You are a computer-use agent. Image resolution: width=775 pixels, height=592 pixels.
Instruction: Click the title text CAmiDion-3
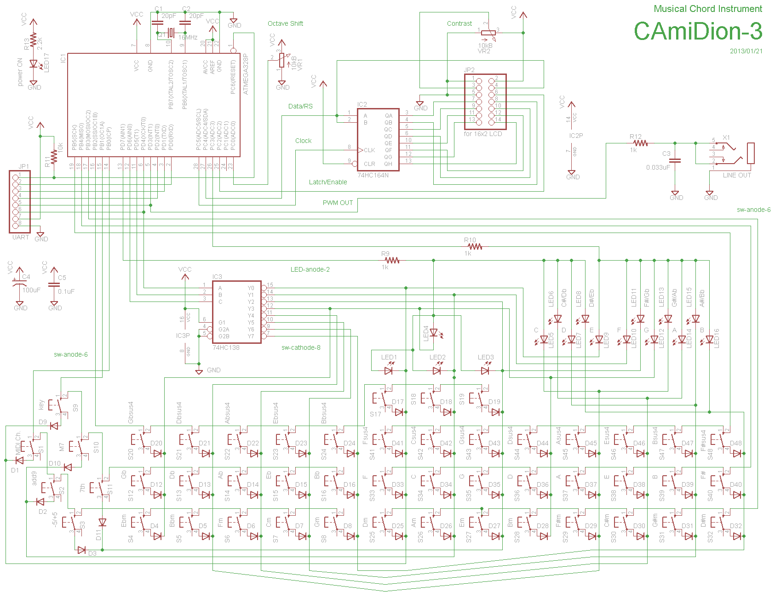point(698,31)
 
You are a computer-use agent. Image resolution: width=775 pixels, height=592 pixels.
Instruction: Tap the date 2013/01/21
point(746,51)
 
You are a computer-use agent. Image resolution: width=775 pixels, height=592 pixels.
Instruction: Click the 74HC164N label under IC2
point(373,175)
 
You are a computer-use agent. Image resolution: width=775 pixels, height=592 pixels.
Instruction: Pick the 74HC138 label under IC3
point(226,347)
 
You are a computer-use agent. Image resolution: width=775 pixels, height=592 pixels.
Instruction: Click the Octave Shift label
point(285,23)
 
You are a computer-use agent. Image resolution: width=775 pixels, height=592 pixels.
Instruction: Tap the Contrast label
point(459,23)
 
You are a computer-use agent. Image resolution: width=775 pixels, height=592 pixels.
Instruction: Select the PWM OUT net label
point(338,203)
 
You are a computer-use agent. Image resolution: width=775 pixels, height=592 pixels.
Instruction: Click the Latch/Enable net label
point(327,182)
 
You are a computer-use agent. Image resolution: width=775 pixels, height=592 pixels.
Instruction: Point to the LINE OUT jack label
point(736,175)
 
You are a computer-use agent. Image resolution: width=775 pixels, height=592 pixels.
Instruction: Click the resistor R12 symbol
point(640,143)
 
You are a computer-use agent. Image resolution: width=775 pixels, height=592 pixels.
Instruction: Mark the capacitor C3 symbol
point(675,160)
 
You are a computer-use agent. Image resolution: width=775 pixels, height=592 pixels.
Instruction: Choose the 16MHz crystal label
point(188,37)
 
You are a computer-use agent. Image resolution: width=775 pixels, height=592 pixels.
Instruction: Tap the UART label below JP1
point(21,237)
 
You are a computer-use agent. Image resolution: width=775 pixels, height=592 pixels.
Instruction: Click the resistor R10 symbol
point(475,247)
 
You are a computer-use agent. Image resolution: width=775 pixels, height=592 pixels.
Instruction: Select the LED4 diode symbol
point(433,332)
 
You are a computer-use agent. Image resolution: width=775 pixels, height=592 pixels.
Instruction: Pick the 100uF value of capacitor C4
point(31,290)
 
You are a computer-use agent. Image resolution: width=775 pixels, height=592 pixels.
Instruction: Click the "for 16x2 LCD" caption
point(482,134)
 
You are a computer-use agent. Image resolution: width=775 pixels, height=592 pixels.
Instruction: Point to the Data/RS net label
point(300,106)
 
